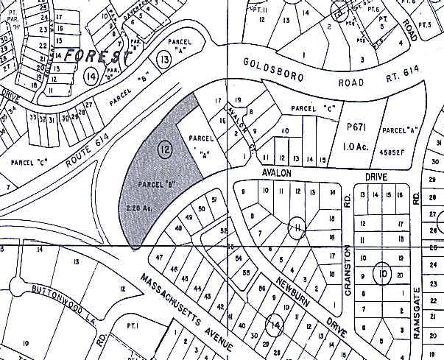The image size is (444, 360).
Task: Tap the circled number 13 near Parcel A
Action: [163, 58]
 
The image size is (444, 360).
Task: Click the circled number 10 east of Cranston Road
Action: [382, 274]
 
